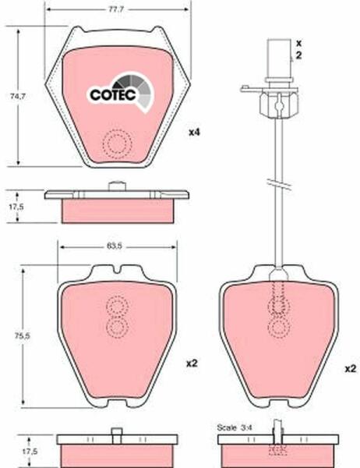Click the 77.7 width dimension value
[116, 9]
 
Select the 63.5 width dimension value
[114, 246]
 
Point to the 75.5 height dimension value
[23, 335]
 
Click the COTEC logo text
[113, 95]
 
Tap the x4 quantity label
[194, 132]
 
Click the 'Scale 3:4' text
[235, 427]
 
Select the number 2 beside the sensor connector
[298, 55]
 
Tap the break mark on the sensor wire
[279, 184]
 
